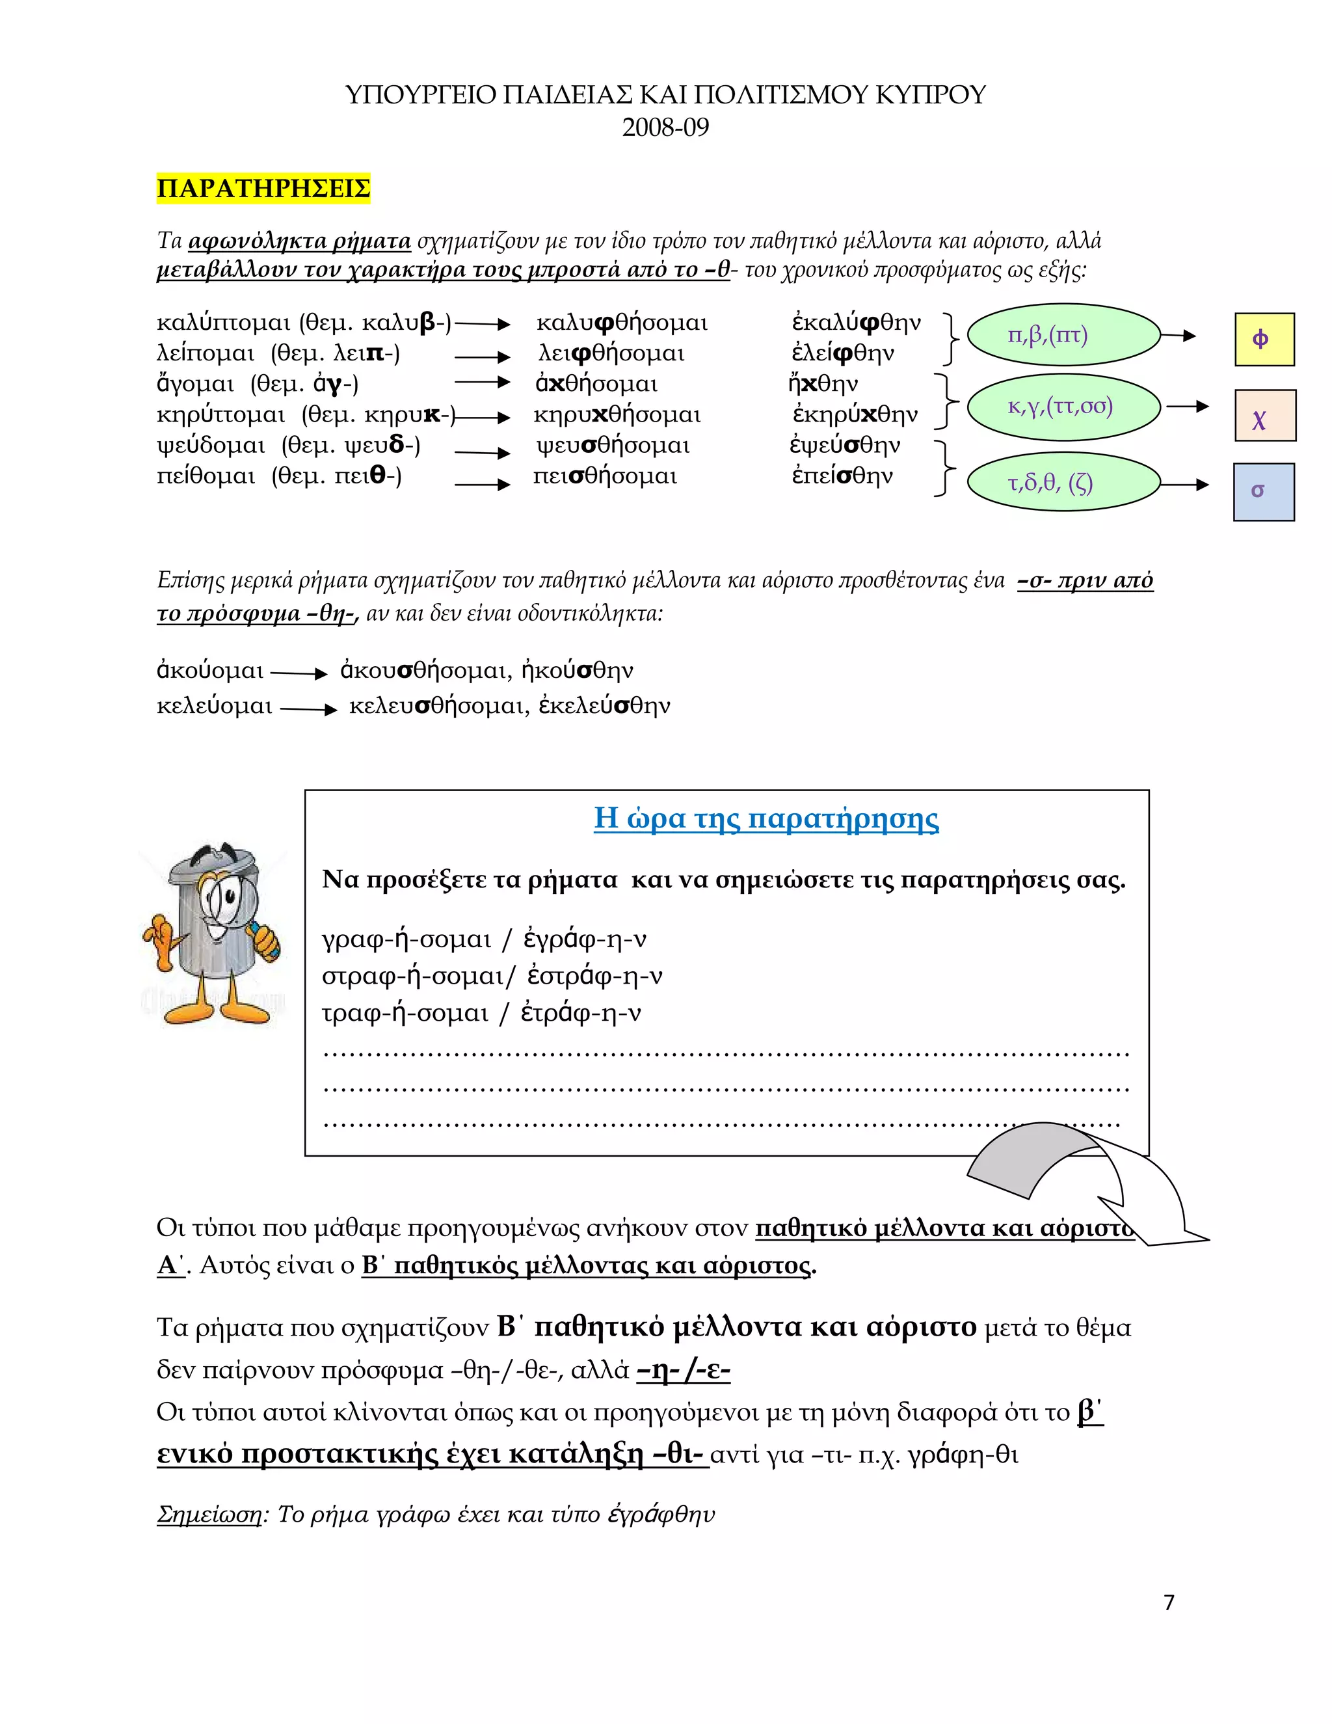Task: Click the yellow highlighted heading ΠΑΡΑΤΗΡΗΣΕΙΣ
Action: coord(263,189)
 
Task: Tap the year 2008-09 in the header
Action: coord(665,127)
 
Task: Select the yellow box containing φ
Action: coord(1264,340)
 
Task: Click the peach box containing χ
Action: coord(1264,415)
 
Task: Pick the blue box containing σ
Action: coord(1263,492)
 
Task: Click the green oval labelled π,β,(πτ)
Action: coord(1063,336)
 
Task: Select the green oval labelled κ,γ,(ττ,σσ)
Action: coord(1063,407)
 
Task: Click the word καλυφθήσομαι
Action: coord(622,323)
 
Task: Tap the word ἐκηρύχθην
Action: coord(855,414)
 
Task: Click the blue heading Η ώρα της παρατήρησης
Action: coord(766,818)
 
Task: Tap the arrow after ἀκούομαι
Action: coord(299,673)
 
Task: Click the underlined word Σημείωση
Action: coord(209,1514)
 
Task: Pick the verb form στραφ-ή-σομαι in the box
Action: coord(412,976)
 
